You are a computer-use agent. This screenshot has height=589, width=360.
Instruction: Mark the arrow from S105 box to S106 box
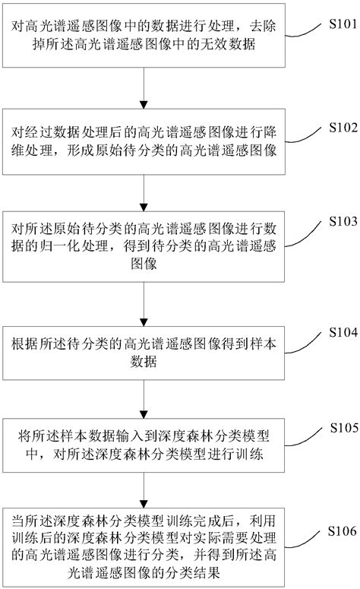(144, 494)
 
